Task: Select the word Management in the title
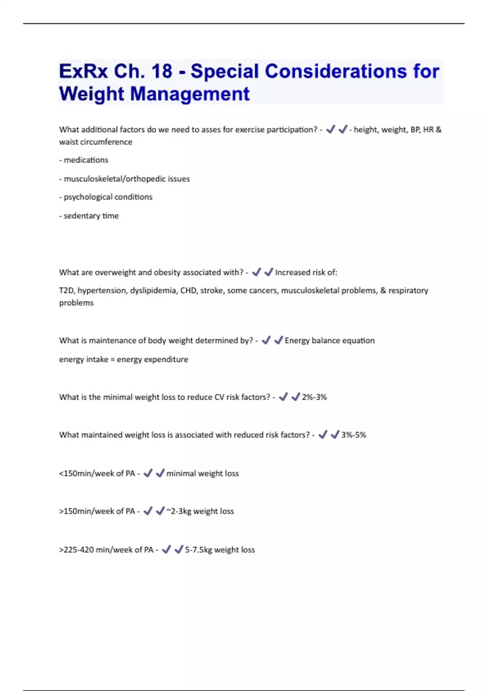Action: [x=190, y=94]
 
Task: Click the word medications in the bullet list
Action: [x=86, y=160]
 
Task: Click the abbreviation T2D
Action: [x=66, y=291]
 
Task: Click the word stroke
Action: [x=211, y=291]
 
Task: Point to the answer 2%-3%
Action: [x=314, y=397]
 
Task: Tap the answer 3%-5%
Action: [x=353, y=435]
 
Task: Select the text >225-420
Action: [x=76, y=550]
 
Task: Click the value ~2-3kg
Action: [x=179, y=511]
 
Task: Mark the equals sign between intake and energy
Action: [x=113, y=360]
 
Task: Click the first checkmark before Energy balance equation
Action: [x=266, y=340]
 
